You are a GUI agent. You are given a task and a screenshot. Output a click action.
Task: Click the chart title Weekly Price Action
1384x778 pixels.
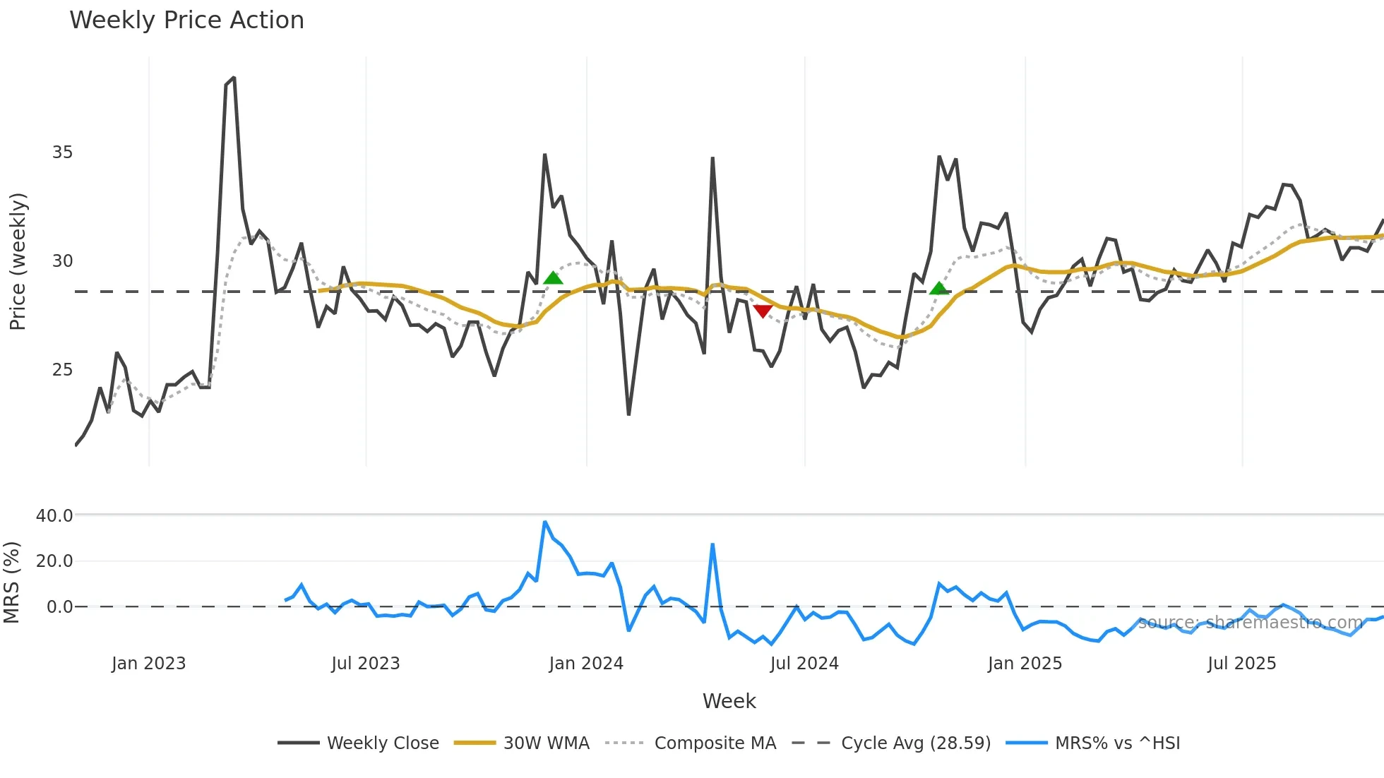click(186, 20)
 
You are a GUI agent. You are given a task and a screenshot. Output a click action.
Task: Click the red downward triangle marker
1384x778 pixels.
click(763, 311)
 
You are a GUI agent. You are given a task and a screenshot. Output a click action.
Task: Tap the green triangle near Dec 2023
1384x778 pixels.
click(554, 278)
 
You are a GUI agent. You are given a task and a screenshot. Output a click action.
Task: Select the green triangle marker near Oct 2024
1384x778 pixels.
click(939, 288)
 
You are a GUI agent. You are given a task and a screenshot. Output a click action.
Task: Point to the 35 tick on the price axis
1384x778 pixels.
click(62, 152)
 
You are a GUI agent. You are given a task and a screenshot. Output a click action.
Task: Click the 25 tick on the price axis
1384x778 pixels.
click(62, 370)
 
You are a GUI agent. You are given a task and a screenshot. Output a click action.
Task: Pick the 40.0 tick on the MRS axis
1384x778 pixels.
click(54, 516)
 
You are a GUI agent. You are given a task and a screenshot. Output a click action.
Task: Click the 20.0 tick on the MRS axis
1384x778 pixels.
click(54, 561)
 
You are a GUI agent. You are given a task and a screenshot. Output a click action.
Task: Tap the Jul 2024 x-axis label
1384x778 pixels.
click(804, 664)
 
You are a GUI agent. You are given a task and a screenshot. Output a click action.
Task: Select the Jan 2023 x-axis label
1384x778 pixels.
click(148, 664)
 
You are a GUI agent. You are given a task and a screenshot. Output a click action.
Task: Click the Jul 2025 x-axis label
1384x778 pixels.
click(1241, 664)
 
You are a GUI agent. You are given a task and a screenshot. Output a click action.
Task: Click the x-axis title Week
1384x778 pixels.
click(729, 701)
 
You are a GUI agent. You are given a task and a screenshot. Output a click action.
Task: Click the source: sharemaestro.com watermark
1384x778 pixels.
click(1250, 623)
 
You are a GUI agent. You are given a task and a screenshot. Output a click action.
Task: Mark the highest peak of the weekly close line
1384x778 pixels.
click(234, 78)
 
